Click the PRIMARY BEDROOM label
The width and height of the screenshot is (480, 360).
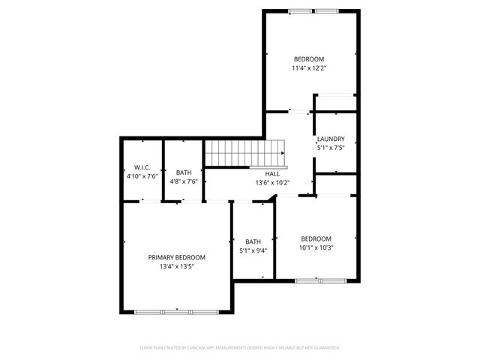click(176, 257)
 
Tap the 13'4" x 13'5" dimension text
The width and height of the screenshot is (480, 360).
click(176, 266)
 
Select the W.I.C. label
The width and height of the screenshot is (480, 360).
click(142, 167)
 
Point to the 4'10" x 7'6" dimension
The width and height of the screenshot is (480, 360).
click(142, 176)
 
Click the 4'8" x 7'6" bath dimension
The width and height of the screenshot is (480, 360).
click(184, 181)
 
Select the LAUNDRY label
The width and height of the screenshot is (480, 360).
click(331, 139)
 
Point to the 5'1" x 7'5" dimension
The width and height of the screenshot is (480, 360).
click(331, 148)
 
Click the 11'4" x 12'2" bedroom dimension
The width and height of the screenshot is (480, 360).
click(308, 68)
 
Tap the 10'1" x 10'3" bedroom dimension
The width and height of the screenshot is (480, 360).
click(316, 248)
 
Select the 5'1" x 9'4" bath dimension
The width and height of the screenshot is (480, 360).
click(253, 251)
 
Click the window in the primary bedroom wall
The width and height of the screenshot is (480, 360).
click(175, 311)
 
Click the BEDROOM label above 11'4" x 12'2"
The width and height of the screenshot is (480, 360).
click(308, 59)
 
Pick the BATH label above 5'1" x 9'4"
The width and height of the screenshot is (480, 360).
click(253, 241)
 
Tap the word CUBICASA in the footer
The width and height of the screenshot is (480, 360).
click(208, 348)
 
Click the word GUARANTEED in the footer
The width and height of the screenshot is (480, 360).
click(323, 348)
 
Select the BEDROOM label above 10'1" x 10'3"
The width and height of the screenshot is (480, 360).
click(316, 239)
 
